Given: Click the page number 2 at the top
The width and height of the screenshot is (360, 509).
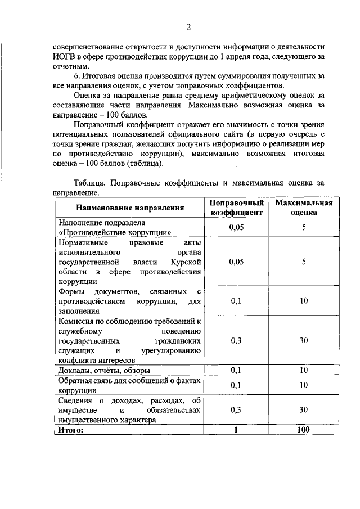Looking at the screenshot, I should point(189,26).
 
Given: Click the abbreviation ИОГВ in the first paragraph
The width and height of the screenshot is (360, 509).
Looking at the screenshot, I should point(64,56).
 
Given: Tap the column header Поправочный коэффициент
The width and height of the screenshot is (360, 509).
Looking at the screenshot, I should point(237,208).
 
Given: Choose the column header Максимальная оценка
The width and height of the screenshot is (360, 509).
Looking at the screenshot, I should point(303,208).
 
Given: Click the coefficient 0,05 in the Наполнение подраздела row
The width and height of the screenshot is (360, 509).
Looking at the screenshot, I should point(237,227).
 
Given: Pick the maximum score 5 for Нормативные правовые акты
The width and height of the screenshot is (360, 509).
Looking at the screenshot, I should point(303,262).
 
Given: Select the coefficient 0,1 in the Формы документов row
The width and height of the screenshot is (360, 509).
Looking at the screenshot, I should point(237,301).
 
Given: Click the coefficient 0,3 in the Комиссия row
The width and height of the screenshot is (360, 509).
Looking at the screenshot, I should point(237,340).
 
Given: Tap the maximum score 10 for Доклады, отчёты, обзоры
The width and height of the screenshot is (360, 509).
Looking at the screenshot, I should point(303,370).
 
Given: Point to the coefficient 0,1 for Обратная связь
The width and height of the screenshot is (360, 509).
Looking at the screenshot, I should point(237,385).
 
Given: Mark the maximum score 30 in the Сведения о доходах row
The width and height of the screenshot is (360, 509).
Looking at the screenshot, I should point(303,409).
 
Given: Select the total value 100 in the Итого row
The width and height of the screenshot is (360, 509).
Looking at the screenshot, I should point(303,430).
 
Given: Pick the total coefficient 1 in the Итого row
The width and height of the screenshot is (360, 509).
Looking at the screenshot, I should point(237,430).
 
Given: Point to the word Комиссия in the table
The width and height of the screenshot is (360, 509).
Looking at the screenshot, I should point(78,321).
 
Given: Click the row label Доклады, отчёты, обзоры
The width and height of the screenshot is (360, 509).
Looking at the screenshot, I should point(105,370).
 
